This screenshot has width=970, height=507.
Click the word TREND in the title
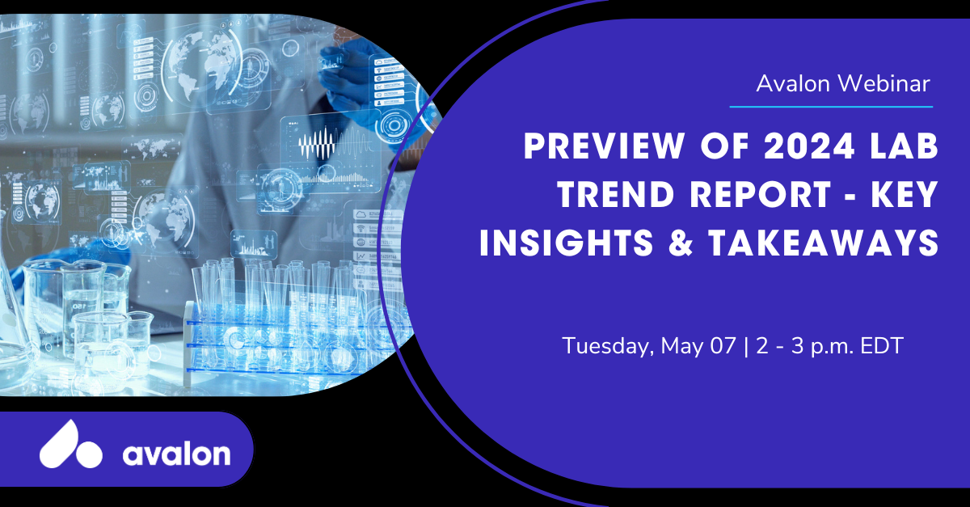point(616,195)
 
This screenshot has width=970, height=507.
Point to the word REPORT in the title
point(760,195)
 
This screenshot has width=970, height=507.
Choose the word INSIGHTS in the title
point(567,243)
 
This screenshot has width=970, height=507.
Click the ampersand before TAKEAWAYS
point(681,243)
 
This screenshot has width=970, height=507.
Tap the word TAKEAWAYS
point(824,243)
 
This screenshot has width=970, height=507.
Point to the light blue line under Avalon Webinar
point(831,106)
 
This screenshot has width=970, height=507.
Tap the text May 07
point(698,347)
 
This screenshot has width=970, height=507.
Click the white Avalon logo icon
point(70,445)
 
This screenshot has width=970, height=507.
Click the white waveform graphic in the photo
point(317,143)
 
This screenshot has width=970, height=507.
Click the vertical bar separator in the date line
point(745,347)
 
